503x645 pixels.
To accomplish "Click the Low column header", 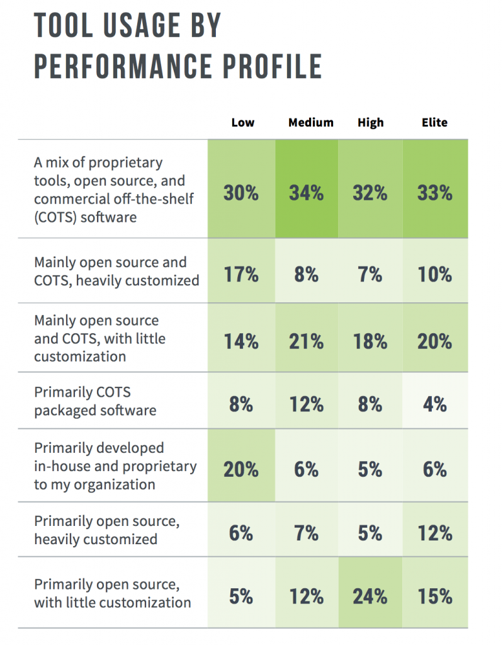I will [x=242, y=122].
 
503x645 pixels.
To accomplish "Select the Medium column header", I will [x=310, y=122].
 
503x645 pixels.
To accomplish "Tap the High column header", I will [x=370, y=122].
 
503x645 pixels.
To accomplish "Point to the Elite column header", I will [x=434, y=122].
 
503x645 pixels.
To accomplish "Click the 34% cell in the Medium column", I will [x=306, y=192].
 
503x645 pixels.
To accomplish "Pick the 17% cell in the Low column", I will [x=241, y=274].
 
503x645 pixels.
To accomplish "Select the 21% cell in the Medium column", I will [x=306, y=341].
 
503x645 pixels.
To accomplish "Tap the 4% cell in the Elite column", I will [x=434, y=403].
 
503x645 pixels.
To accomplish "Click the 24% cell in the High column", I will [x=370, y=595].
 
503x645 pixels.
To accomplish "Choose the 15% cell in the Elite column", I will [x=434, y=595].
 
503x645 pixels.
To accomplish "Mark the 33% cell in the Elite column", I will [x=434, y=192].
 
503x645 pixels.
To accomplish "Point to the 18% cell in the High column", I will [x=370, y=341].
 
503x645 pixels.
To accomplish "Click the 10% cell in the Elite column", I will [x=434, y=274].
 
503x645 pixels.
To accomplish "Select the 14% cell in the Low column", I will [x=241, y=341].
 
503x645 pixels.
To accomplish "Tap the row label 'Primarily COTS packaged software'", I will [x=95, y=401].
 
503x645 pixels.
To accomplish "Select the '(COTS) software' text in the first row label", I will [x=85, y=217].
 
